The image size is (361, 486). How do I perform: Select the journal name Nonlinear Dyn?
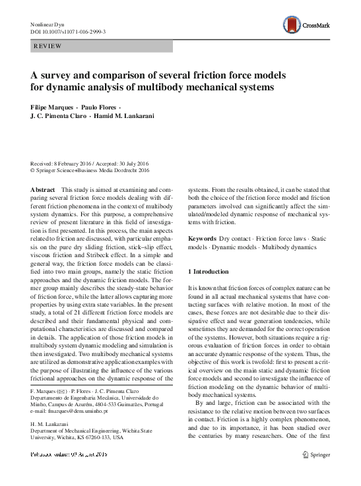(x=49, y=23)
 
